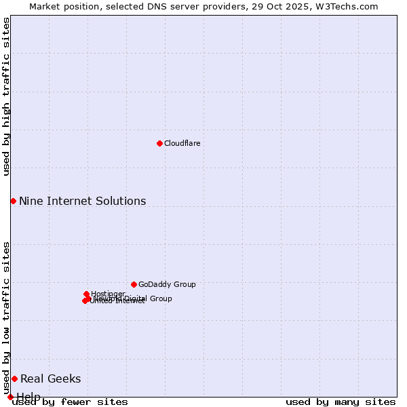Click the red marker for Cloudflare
pyautogui.click(x=159, y=143)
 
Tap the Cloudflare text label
pyautogui.click(x=182, y=143)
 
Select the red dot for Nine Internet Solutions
pyautogui.click(x=13, y=201)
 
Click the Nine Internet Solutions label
pyautogui.click(x=82, y=201)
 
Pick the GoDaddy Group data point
pyautogui.click(x=134, y=284)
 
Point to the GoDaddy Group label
pyautogui.click(x=167, y=284)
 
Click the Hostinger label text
pyautogui.click(x=108, y=294)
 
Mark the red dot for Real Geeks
pyautogui.click(x=14, y=379)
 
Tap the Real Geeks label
pyautogui.click(x=50, y=379)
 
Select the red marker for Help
pyautogui.click(x=10, y=397)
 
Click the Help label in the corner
pyautogui.click(x=28, y=397)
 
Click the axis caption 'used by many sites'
pyautogui.click(x=341, y=402)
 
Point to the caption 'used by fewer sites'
pyautogui.click(x=70, y=402)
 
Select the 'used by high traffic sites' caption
pyautogui.click(x=6, y=96)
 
